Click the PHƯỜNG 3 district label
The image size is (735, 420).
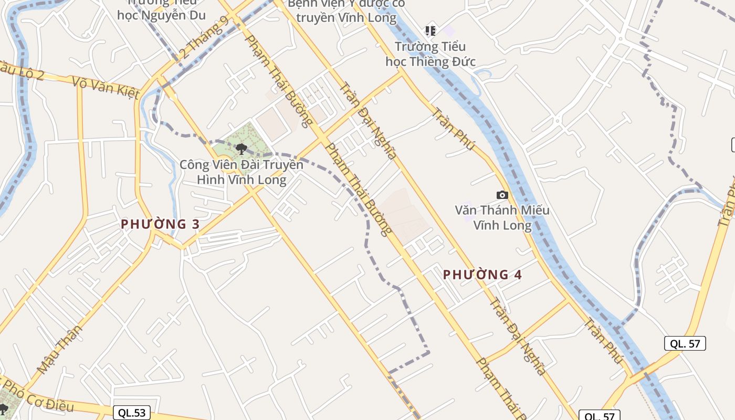tap(160, 224)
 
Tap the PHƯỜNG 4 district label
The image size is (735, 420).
tap(482, 274)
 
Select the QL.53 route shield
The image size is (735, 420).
tap(131, 413)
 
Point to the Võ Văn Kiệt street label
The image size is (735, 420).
tap(106, 88)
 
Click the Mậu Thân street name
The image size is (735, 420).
tap(60, 349)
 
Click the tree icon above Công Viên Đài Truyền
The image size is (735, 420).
tap(241, 149)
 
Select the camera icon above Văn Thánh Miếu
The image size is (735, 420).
tap(502, 195)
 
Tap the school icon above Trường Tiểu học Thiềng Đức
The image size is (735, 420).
tap(430, 31)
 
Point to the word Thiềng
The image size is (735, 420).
tap(429, 62)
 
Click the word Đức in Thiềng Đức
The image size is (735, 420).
tap(463, 62)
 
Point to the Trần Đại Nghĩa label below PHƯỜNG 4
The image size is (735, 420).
tap(518, 337)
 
